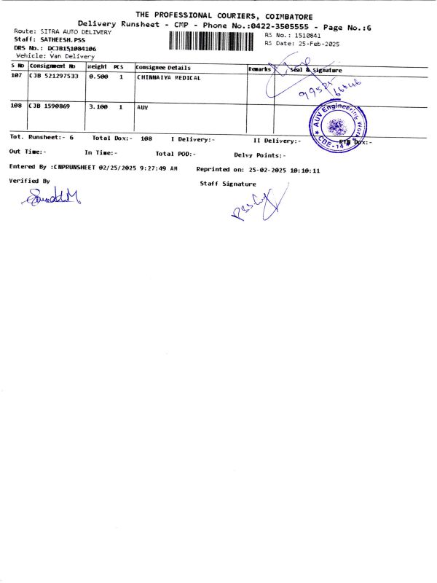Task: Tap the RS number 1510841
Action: tap(304, 35)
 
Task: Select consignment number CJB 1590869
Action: tap(50, 107)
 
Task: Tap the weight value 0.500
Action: tap(98, 77)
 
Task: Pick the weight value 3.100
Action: tap(98, 107)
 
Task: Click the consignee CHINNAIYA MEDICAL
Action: tap(168, 77)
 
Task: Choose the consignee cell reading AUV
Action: tap(143, 107)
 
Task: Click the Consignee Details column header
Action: tap(163, 68)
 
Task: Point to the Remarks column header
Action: tap(259, 69)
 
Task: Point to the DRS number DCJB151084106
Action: tap(71, 48)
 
